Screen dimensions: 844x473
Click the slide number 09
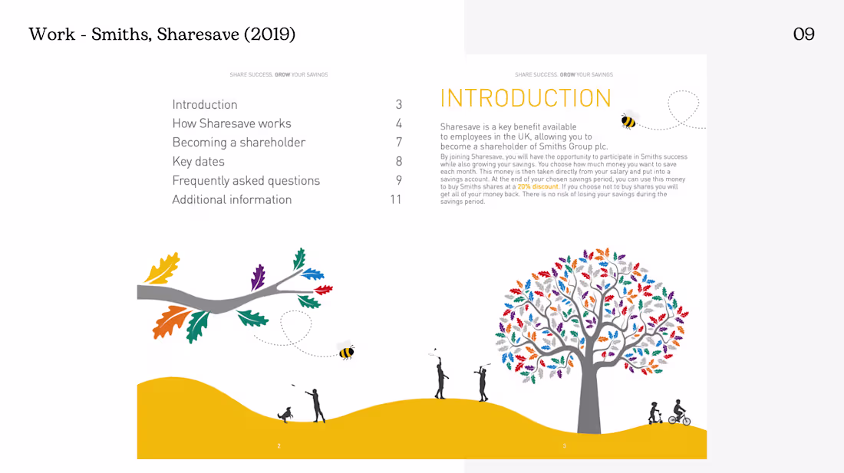click(803, 34)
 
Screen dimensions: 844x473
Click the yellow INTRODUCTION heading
click(526, 98)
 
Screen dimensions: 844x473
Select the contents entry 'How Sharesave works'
click(232, 123)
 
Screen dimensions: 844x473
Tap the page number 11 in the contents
click(396, 199)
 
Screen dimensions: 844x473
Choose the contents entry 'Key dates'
click(198, 161)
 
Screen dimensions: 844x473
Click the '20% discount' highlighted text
click(538, 186)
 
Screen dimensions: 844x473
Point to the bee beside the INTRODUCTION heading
click(628, 120)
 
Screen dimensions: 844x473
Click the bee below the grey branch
click(346, 352)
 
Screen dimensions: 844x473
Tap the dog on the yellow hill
click(285, 415)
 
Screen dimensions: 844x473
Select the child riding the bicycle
click(679, 412)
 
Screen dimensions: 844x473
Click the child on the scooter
click(654, 412)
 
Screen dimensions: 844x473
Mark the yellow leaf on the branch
click(162, 268)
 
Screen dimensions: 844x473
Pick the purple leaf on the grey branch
click(258, 278)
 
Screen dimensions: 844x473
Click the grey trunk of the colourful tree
click(589, 398)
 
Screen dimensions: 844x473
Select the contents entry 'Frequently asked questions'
click(246, 181)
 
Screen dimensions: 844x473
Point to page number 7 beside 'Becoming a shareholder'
click(399, 143)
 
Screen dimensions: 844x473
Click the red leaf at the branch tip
click(324, 291)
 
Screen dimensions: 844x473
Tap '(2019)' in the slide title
click(269, 34)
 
